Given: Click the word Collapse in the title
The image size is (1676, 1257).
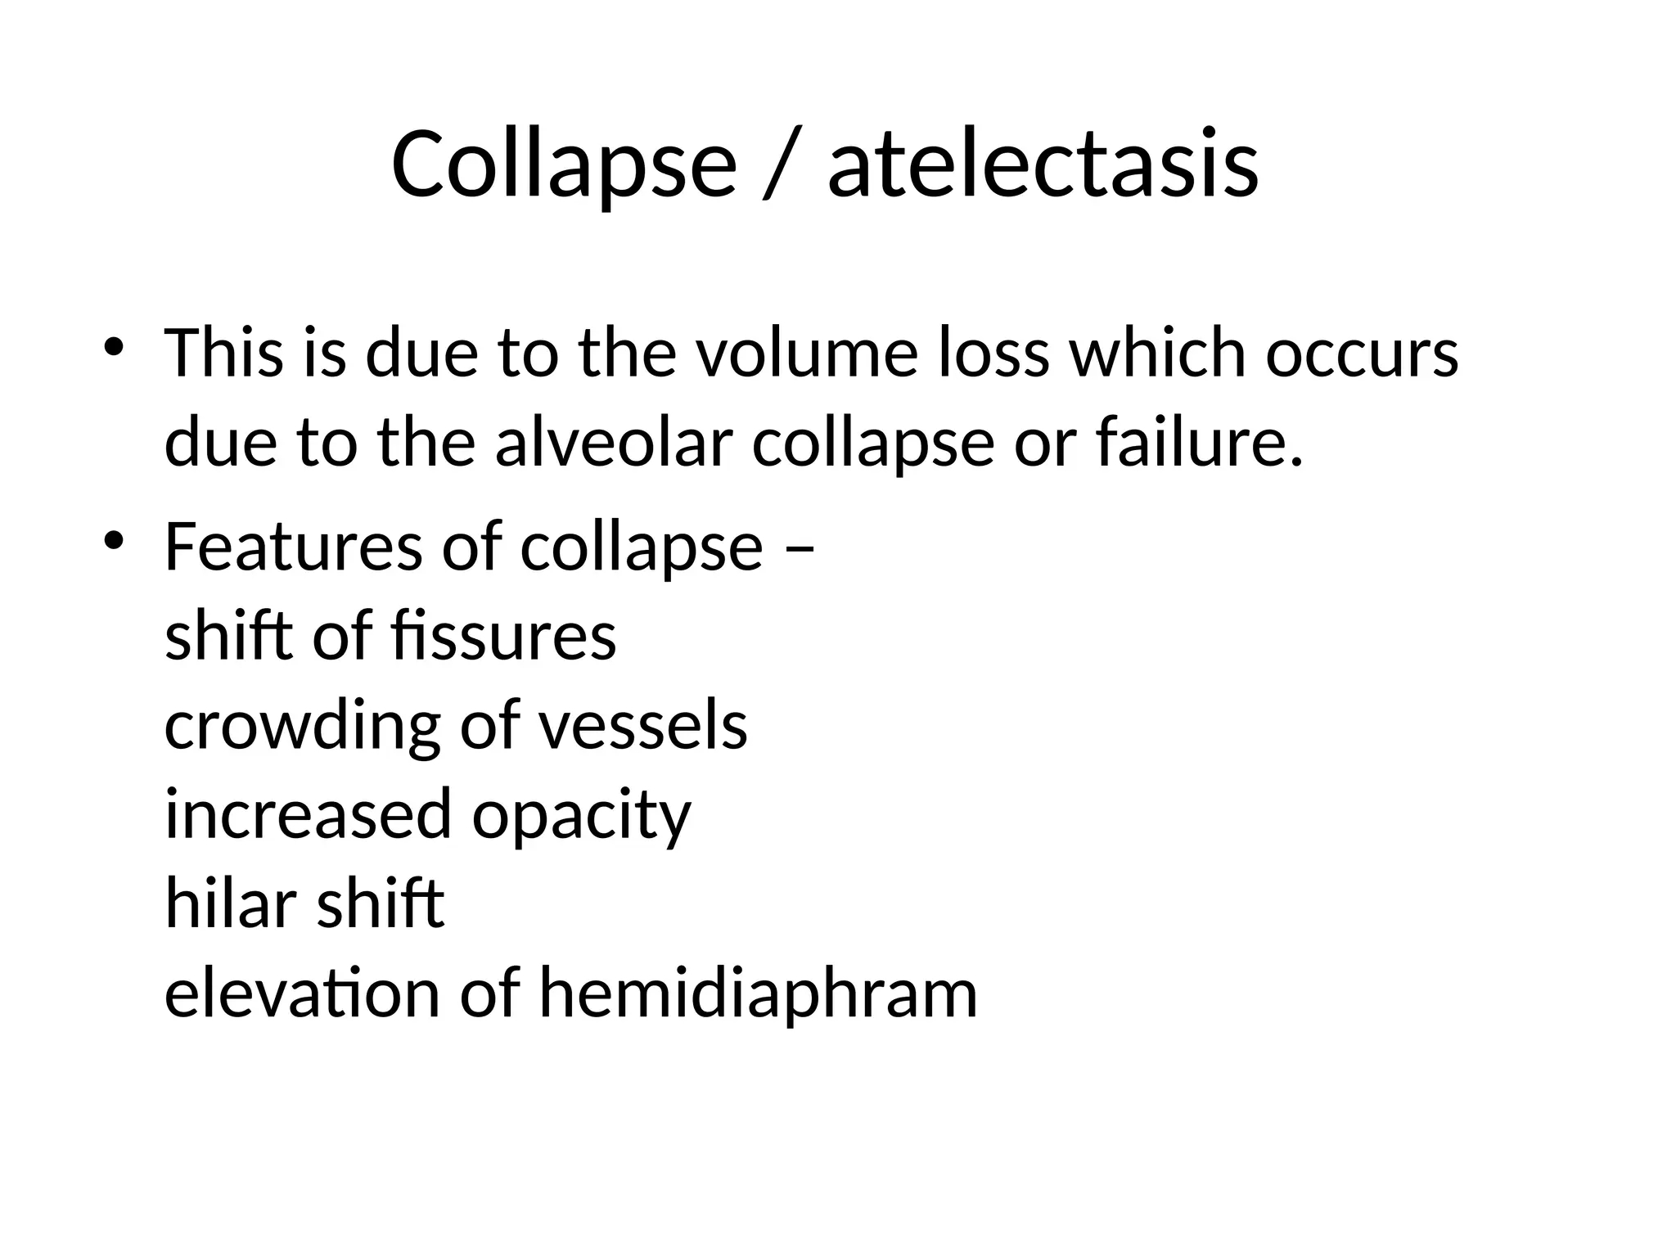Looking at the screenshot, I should (564, 164).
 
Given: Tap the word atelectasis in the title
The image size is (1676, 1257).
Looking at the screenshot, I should (1043, 164).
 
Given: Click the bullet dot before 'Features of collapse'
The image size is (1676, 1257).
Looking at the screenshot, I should (113, 539).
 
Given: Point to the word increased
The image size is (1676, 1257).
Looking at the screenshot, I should (309, 815).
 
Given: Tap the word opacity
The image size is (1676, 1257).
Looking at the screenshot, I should (581, 815).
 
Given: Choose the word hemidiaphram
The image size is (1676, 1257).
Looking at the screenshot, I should (758, 994).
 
